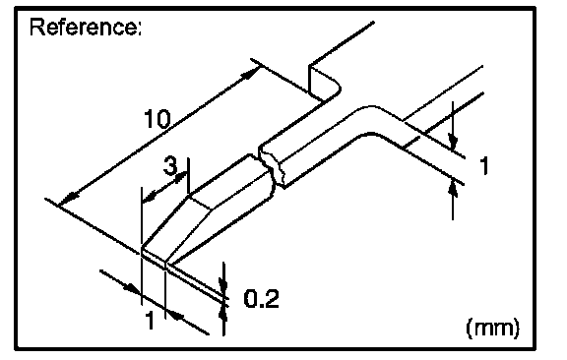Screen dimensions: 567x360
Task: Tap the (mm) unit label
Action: click(493, 328)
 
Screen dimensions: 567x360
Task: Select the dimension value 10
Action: click(157, 119)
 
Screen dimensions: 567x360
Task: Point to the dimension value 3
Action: click(170, 166)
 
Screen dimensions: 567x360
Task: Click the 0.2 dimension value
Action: click(262, 299)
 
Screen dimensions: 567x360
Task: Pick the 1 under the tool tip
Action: click(150, 320)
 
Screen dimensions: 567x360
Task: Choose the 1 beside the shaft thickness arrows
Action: click(484, 166)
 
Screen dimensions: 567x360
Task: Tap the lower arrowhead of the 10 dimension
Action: click(69, 200)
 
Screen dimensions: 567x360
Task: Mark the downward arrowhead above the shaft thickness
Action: click(453, 141)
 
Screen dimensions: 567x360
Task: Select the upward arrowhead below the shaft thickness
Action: click(453, 190)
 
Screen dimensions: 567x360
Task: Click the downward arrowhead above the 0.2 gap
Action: click(223, 283)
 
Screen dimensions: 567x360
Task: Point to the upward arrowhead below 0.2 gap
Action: click(223, 314)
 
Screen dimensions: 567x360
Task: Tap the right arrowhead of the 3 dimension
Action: click(180, 177)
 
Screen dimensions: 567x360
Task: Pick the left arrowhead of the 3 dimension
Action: click(150, 197)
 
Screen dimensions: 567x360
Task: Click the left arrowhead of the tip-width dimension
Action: click(132, 288)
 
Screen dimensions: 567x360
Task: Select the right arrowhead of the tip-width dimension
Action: click(175, 315)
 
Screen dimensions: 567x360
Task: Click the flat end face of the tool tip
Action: click(155, 259)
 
